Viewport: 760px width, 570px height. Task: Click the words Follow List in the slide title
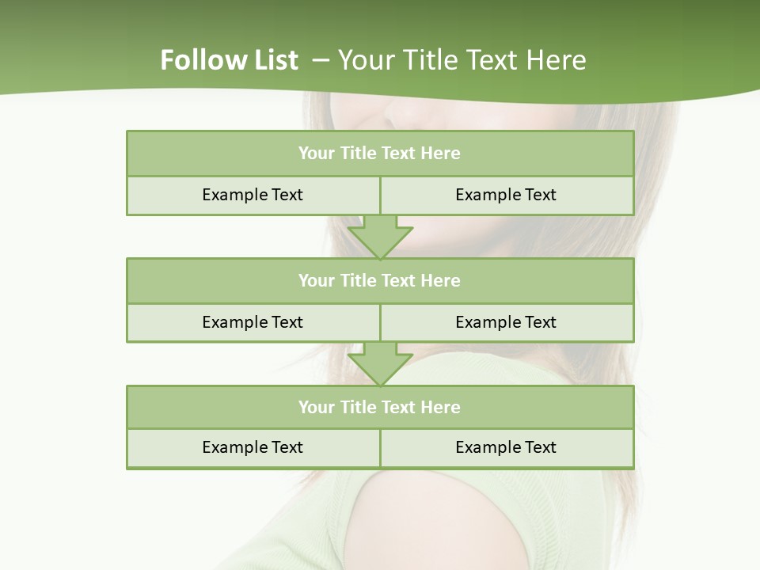pyautogui.click(x=229, y=60)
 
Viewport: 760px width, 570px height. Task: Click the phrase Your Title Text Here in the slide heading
pyautogui.click(x=462, y=60)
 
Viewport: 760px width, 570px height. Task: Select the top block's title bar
pyautogui.click(x=380, y=154)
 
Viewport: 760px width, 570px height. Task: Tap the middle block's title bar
pyautogui.click(x=380, y=280)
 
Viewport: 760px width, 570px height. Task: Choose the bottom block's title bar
pyautogui.click(x=380, y=407)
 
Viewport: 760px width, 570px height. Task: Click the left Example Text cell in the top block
pyautogui.click(x=253, y=195)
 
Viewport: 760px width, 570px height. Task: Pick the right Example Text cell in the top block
pyautogui.click(x=506, y=195)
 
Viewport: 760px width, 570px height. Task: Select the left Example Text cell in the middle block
pyautogui.click(x=253, y=322)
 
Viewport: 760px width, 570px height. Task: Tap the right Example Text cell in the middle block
pyautogui.click(x=506, y=322)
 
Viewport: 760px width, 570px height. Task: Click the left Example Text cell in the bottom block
pyautogui.click(x=253, y=447)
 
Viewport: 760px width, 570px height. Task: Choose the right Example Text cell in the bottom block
pyautogui.click(x=506, y=447)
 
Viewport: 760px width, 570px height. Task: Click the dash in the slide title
pyautogui.click(x=321, y=60)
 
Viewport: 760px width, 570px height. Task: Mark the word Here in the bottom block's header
pyautogui.click(x=441, y=407)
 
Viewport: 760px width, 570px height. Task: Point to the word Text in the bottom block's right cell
pyautogui.click(x=540, y=447)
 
